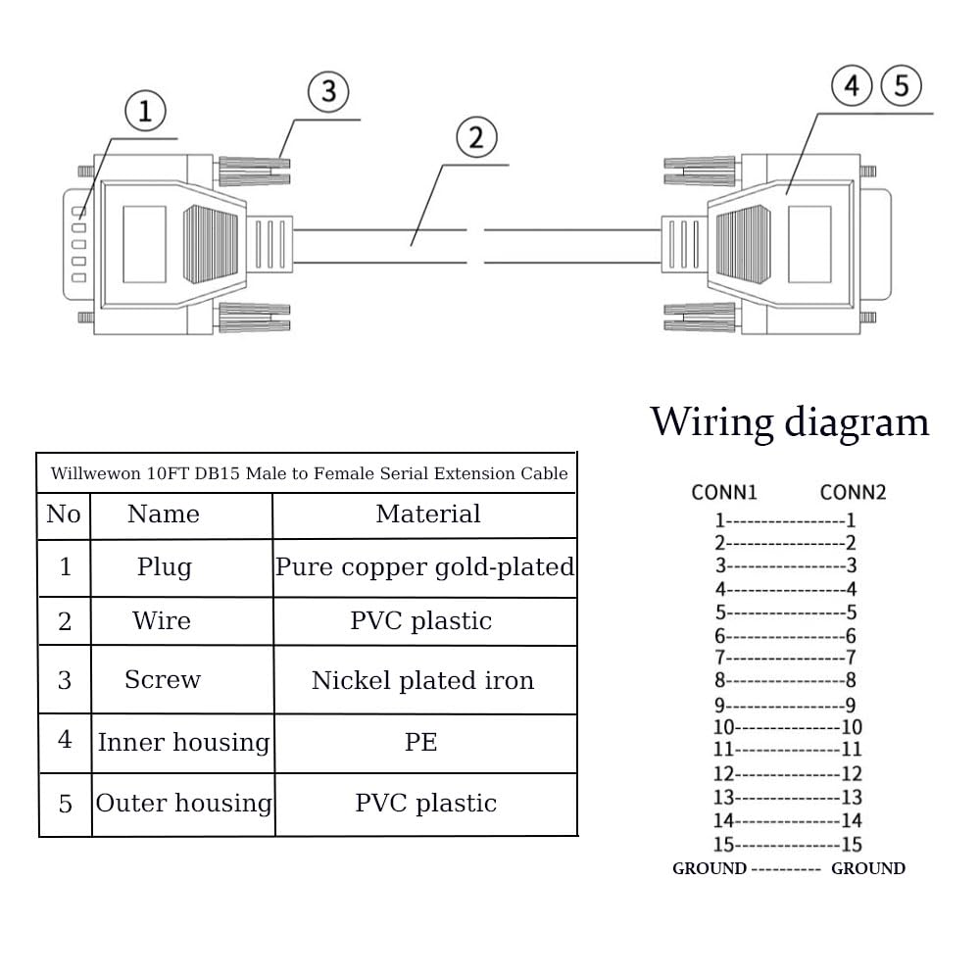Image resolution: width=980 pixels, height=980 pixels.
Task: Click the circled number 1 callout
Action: coord(145,113)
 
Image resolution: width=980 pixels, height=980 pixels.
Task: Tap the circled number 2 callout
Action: coord(476,138)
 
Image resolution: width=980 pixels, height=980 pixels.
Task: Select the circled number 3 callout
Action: coord(328,91)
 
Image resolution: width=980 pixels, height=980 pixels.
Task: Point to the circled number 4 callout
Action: coord(852,86)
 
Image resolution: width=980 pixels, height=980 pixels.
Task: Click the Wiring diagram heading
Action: coord(790,421)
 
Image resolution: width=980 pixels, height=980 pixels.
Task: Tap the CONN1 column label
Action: coord(724,492)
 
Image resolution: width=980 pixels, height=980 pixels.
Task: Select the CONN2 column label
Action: coord(853,492)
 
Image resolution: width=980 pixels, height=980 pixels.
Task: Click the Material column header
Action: coord(428,514)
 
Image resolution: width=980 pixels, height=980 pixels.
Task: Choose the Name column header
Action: coord(163,514)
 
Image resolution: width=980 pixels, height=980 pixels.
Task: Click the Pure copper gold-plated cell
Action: coord(424,567)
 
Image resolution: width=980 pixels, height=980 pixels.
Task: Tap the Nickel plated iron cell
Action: coord(422,680)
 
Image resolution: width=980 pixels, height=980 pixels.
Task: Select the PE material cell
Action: coord(420,743)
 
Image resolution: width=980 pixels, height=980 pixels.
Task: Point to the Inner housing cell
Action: coord(183,743)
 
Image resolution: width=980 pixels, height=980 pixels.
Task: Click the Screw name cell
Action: coord(163,679)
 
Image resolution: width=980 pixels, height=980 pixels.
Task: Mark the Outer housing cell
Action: coord(184,804)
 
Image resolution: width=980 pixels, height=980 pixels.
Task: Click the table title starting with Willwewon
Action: coord(309,473)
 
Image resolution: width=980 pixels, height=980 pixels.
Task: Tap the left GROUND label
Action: coord(709,868)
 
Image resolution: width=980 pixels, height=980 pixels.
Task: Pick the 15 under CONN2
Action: coord(852,845)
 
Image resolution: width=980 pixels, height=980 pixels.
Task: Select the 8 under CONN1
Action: coord(719,680)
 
